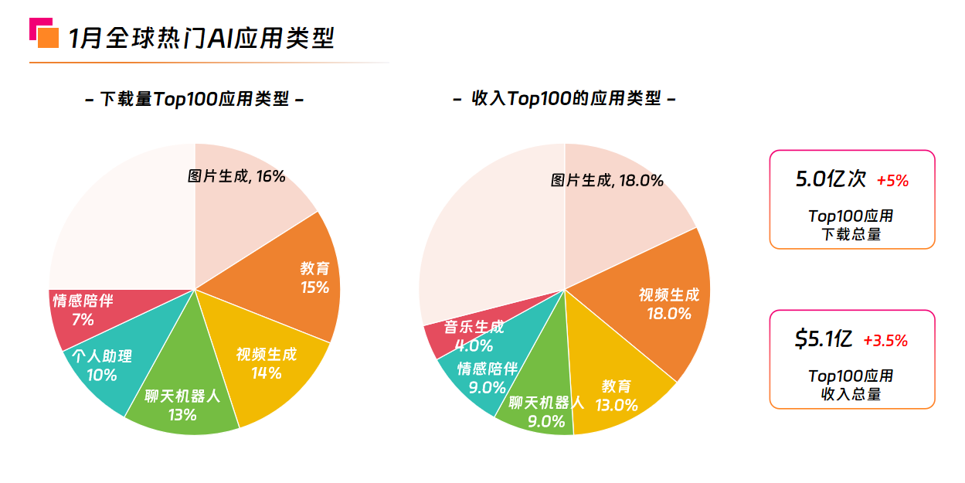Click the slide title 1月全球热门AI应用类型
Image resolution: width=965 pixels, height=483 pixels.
(x=201, y=38)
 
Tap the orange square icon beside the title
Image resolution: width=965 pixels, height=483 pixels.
(x=48, y=37)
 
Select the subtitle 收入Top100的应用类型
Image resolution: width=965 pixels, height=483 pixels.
(x=564, y=99)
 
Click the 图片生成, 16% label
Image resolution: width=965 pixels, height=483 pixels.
(x=236, y=176)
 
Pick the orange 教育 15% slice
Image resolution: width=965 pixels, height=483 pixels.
(x=305, y=278)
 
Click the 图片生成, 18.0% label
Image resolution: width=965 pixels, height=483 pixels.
(x=607, y=181)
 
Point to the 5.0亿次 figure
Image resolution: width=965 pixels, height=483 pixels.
(x=831, y=179)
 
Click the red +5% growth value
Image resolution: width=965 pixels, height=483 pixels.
(x=892, y=182)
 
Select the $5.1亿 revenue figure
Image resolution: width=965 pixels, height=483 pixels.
(x=823, y=338)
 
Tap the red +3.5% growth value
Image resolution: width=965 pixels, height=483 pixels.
(x=885, y=341)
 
